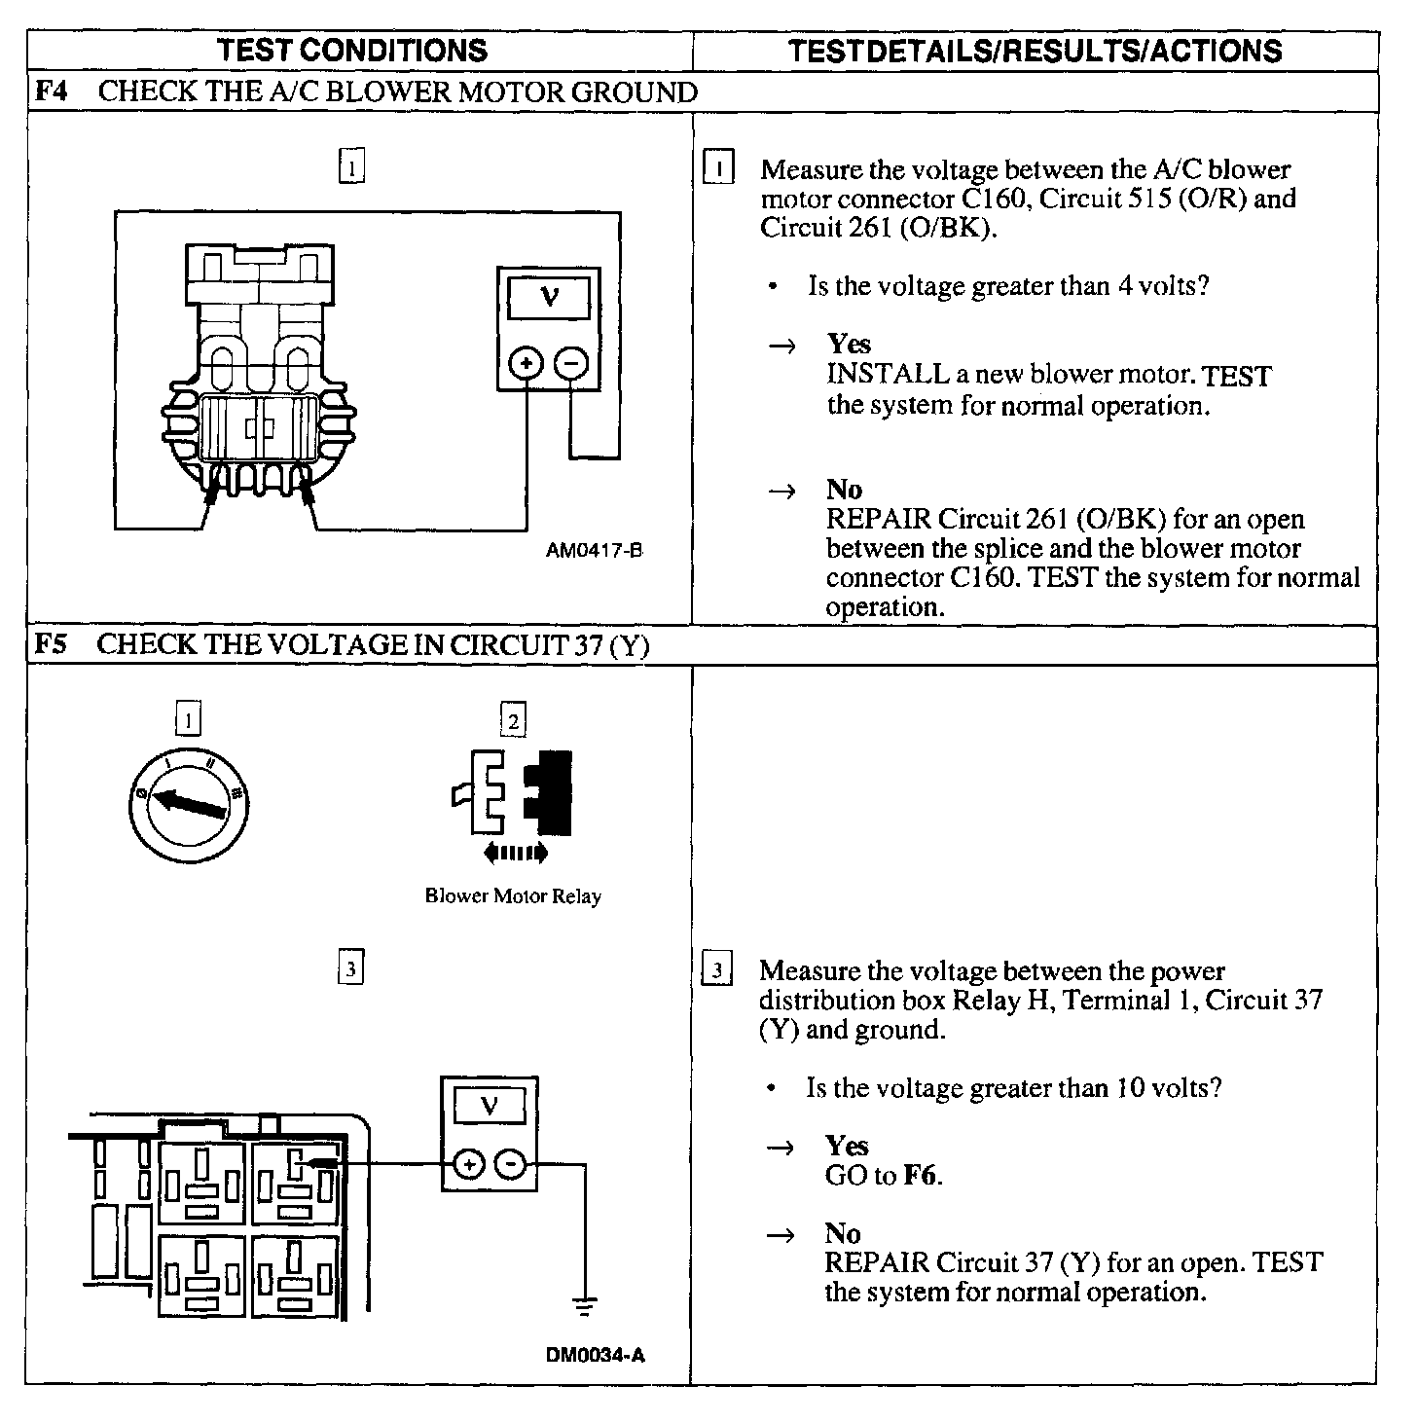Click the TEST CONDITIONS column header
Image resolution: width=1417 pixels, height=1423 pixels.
[x=351, y=51]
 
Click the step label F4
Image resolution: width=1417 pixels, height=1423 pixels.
[x=51, y=92]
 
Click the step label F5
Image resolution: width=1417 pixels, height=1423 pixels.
[x=51, y=644]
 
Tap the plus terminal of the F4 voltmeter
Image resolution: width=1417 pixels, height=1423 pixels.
[x=527, y=364]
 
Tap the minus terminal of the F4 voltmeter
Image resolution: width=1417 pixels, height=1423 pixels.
[x=571, y=364]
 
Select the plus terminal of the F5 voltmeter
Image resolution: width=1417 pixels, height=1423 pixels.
[x=468, y=1163]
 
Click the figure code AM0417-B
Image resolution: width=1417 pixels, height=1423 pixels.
[x=594, y=550]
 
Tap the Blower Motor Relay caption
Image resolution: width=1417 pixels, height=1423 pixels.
[x=513, y=896]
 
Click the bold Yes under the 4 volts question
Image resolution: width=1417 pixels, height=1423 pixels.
[x=849, y=344]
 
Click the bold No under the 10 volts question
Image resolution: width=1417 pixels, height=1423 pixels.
[x=843, y=1234]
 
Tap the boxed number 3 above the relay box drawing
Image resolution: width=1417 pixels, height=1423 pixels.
[x=350, y=969]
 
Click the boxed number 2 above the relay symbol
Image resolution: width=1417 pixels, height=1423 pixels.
[x=513, y=721]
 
